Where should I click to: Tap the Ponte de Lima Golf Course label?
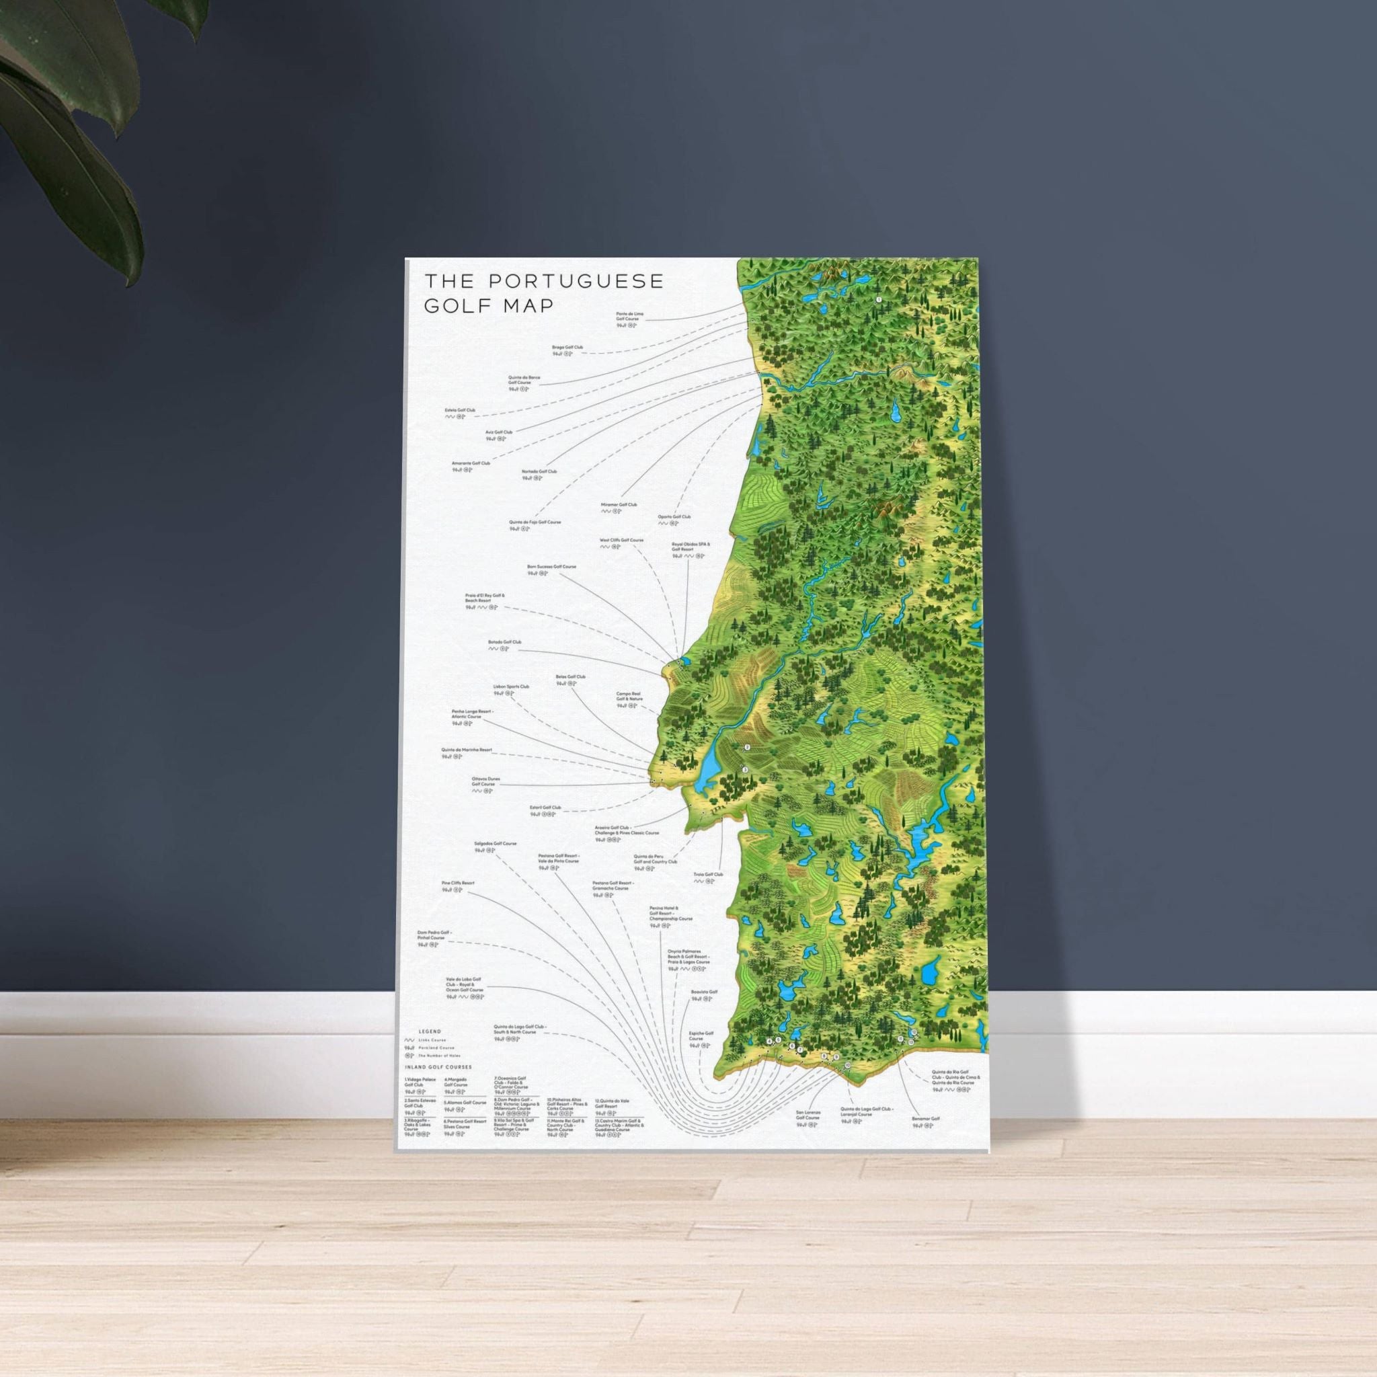630,316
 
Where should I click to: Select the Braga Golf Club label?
567,348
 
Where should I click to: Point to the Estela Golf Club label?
460,411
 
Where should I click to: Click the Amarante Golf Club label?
471,463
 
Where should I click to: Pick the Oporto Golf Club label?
674,517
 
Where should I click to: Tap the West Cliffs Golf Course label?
621,541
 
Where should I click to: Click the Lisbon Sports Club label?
511,687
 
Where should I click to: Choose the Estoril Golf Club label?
545,808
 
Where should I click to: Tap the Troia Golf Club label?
709,874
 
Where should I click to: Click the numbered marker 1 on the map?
879,300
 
